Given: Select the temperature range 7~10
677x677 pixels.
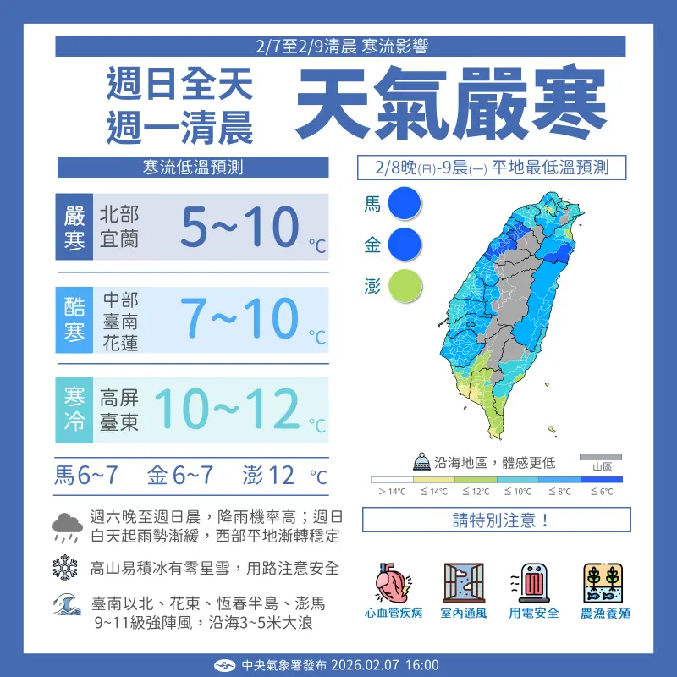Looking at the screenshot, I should tap(241, 320).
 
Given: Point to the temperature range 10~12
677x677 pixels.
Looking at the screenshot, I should tap(227, 410).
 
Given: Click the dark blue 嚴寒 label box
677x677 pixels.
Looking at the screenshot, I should tap(75, 228).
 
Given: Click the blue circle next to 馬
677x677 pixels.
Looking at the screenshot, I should tap(405, 204).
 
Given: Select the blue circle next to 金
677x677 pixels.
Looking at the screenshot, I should tap(405, 245).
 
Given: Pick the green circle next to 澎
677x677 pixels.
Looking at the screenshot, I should tap(405, 286).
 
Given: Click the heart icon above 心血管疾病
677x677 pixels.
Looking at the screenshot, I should tap(393, 582).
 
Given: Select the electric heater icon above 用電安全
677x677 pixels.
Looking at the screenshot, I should tap(533, 582).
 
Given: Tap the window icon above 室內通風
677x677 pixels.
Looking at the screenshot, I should tap(463, 582).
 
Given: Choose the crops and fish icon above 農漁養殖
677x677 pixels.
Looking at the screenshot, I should tap(604, 582).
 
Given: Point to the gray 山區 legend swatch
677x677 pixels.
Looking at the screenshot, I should tap(601, 458).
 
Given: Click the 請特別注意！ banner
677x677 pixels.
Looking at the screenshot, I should tap(496, 520).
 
